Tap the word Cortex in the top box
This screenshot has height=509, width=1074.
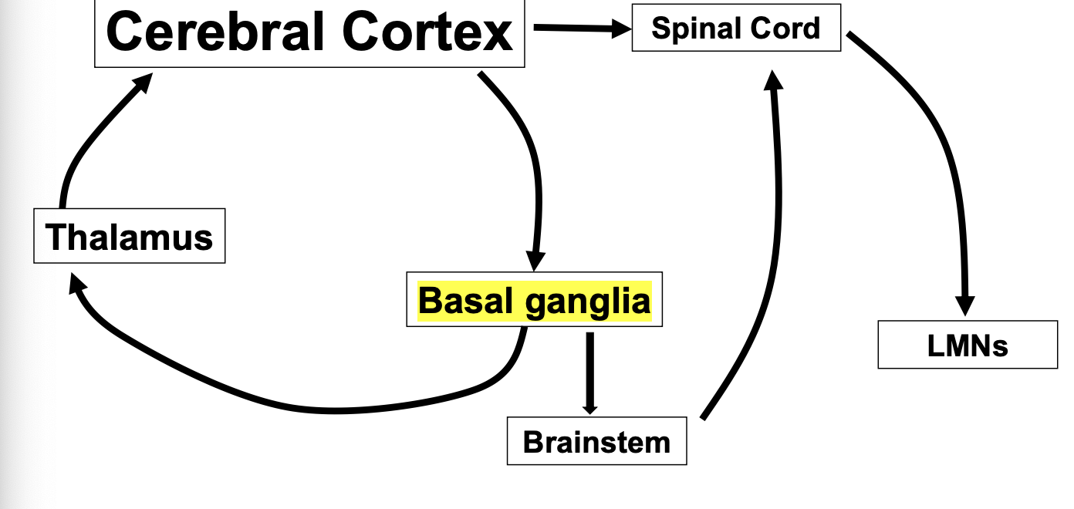click(x=428, y=32)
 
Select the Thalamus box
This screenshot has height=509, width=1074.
click(x=130, y=236)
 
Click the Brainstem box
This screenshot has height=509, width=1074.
click(x=596, y=442)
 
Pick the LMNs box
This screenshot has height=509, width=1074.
click(x=968, y=346)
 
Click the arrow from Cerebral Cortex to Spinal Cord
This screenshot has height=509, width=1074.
click(x=579, y=29)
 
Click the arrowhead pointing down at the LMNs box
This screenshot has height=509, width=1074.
click(x=964, y=304)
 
